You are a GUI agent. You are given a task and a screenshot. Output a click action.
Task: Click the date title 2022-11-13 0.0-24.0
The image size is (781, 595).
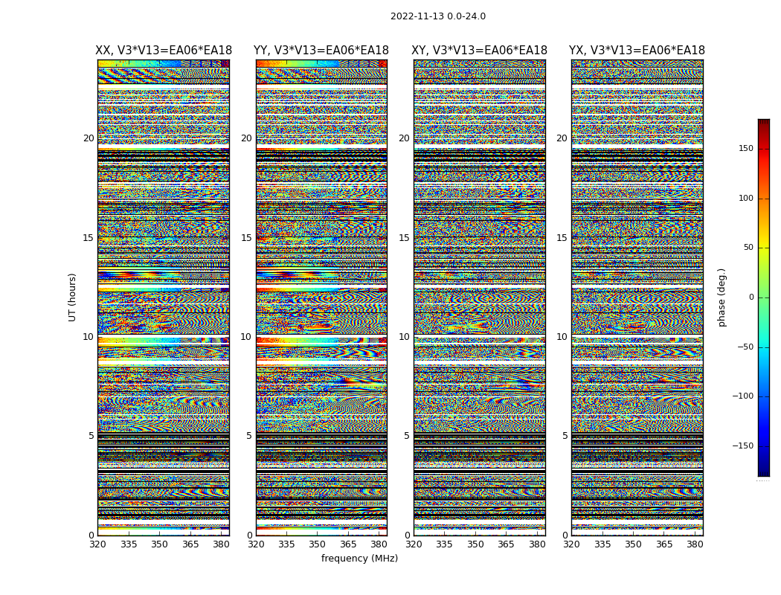pos(437,16)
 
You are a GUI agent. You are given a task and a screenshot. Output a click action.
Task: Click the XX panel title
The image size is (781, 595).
pos(164,51)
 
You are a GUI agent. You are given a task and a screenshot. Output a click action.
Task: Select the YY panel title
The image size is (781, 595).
pos(321,51)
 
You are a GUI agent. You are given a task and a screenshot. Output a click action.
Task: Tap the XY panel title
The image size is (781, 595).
pos(480,51)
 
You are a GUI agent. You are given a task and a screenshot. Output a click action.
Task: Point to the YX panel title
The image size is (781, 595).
pos(637,51)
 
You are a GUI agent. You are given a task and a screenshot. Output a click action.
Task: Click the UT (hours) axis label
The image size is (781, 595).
pos(72,297)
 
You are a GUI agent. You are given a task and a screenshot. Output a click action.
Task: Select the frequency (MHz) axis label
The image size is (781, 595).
pos(359,559)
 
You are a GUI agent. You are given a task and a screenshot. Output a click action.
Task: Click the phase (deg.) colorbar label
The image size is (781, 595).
pos(721,297)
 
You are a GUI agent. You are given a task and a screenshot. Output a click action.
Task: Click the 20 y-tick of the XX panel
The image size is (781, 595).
pos(89,138)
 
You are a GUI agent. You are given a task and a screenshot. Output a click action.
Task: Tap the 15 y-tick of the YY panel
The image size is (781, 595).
pos(246,238)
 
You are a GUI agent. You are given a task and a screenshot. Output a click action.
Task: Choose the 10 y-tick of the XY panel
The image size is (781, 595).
pos(404,337)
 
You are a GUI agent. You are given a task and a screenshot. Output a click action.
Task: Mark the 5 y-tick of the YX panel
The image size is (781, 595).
pos(565,436)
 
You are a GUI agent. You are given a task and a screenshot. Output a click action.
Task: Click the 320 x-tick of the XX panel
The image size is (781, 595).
pos(97,544)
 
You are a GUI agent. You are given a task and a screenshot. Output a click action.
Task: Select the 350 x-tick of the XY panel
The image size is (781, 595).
pos(475,544)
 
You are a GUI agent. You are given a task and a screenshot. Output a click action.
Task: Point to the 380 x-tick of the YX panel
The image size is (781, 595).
pos(695,544)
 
